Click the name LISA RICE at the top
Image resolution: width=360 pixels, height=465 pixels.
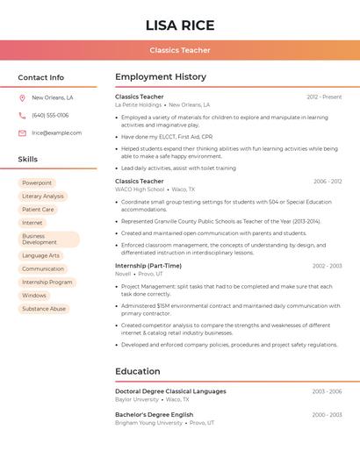(179, 25)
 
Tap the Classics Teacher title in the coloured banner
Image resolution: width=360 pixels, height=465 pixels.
(180, 51)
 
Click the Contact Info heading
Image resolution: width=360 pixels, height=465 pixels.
(41, 78)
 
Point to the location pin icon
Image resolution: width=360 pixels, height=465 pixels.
(22, 98)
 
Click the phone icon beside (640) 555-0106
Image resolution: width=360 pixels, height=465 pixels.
(22, 116)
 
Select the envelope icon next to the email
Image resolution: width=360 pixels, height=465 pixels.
(22, 133)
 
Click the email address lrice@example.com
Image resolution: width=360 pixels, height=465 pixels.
(57, 133)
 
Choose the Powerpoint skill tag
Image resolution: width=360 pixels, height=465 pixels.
(37, 183)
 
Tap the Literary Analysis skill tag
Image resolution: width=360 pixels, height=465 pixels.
(43, 197)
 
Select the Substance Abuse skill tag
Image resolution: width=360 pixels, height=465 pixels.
(44, 309)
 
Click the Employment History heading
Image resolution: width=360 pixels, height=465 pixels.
(161, 77)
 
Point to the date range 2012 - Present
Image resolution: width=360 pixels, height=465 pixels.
(324, 97)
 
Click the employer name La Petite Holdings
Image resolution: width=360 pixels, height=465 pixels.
(138, 104)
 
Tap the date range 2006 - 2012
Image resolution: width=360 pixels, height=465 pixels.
(328, 182)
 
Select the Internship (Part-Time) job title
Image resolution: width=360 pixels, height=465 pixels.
(148, 266)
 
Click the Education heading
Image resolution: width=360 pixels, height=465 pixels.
(138, 371)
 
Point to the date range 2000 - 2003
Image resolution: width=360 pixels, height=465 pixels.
(327, 415)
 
